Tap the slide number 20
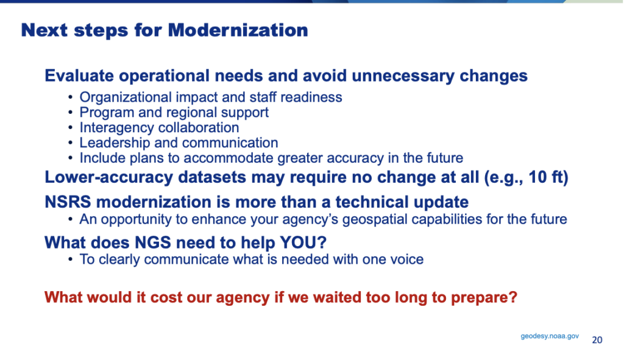(x=597, y=340)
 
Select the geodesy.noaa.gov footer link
(x=550, y=336)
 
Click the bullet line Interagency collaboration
(x=159, y=127)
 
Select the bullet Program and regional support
(x=174, y=112)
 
